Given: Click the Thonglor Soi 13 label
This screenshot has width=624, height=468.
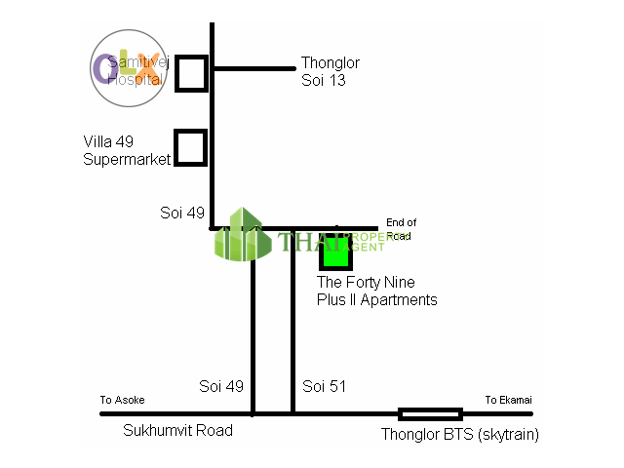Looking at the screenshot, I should [331, 71].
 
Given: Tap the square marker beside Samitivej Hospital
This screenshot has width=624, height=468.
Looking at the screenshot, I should [192, 73].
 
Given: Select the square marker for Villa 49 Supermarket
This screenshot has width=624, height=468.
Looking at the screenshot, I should [190, 147].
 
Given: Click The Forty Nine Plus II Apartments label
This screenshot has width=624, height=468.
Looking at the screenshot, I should [376, 292].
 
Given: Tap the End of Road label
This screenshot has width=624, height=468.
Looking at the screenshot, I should [401, 228].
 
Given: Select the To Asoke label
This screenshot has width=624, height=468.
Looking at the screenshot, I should [122, 400].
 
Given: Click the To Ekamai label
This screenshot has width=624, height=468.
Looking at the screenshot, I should [509, 400].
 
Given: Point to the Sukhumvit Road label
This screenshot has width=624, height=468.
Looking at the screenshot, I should [178, 430].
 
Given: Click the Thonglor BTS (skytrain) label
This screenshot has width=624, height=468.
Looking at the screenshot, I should [460, 435].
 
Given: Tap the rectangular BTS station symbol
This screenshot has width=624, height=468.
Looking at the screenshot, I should [430, 413].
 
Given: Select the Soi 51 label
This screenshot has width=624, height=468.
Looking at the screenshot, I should [324, 386].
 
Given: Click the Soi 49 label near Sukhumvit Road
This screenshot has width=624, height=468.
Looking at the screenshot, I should [220, 386].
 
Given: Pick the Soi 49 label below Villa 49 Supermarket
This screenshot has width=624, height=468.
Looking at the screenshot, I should [182, 213].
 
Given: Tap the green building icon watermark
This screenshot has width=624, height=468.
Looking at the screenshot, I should [243, 235].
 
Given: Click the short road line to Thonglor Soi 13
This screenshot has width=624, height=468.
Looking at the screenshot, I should [253, 68].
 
